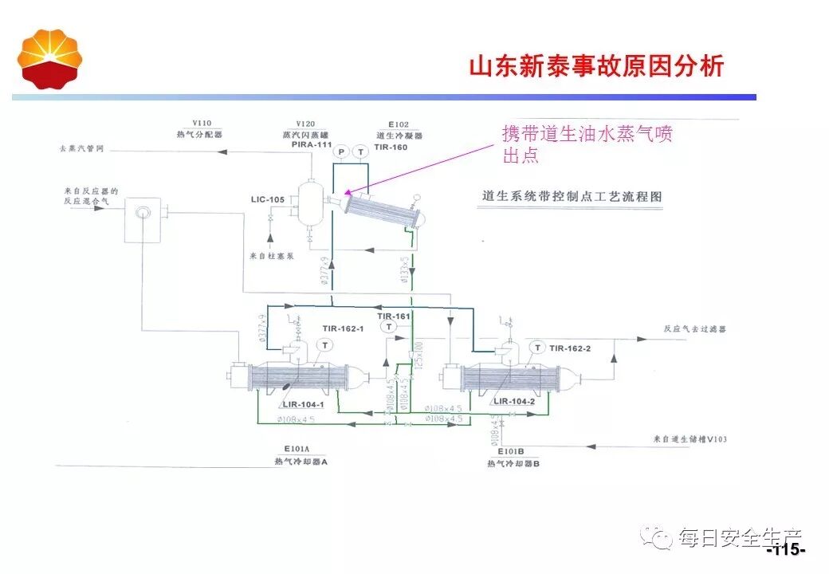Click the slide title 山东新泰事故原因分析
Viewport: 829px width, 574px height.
coord(596,65)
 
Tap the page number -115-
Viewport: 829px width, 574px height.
coord(786,551)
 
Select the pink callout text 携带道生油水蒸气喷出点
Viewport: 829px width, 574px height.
coord(587,144)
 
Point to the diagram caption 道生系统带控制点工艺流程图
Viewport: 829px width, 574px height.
coord(572,196)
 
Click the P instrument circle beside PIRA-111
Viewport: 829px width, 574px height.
coord(341,151)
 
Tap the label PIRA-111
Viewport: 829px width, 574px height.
coord(305,144)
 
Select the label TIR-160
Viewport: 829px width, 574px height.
coord(391,147)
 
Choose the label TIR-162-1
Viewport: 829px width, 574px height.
coord(343,328)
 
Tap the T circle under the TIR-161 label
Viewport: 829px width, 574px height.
coord(388,326)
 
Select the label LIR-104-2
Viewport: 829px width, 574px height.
coord(514,401)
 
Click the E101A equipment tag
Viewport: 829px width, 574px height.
coord(294,450)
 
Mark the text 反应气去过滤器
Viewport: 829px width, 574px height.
coord(694,328)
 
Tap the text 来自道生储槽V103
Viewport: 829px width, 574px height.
coord(690,439)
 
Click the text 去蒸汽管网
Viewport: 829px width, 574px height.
coord(81,149)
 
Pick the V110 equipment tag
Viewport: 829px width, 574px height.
coord(199,124)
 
